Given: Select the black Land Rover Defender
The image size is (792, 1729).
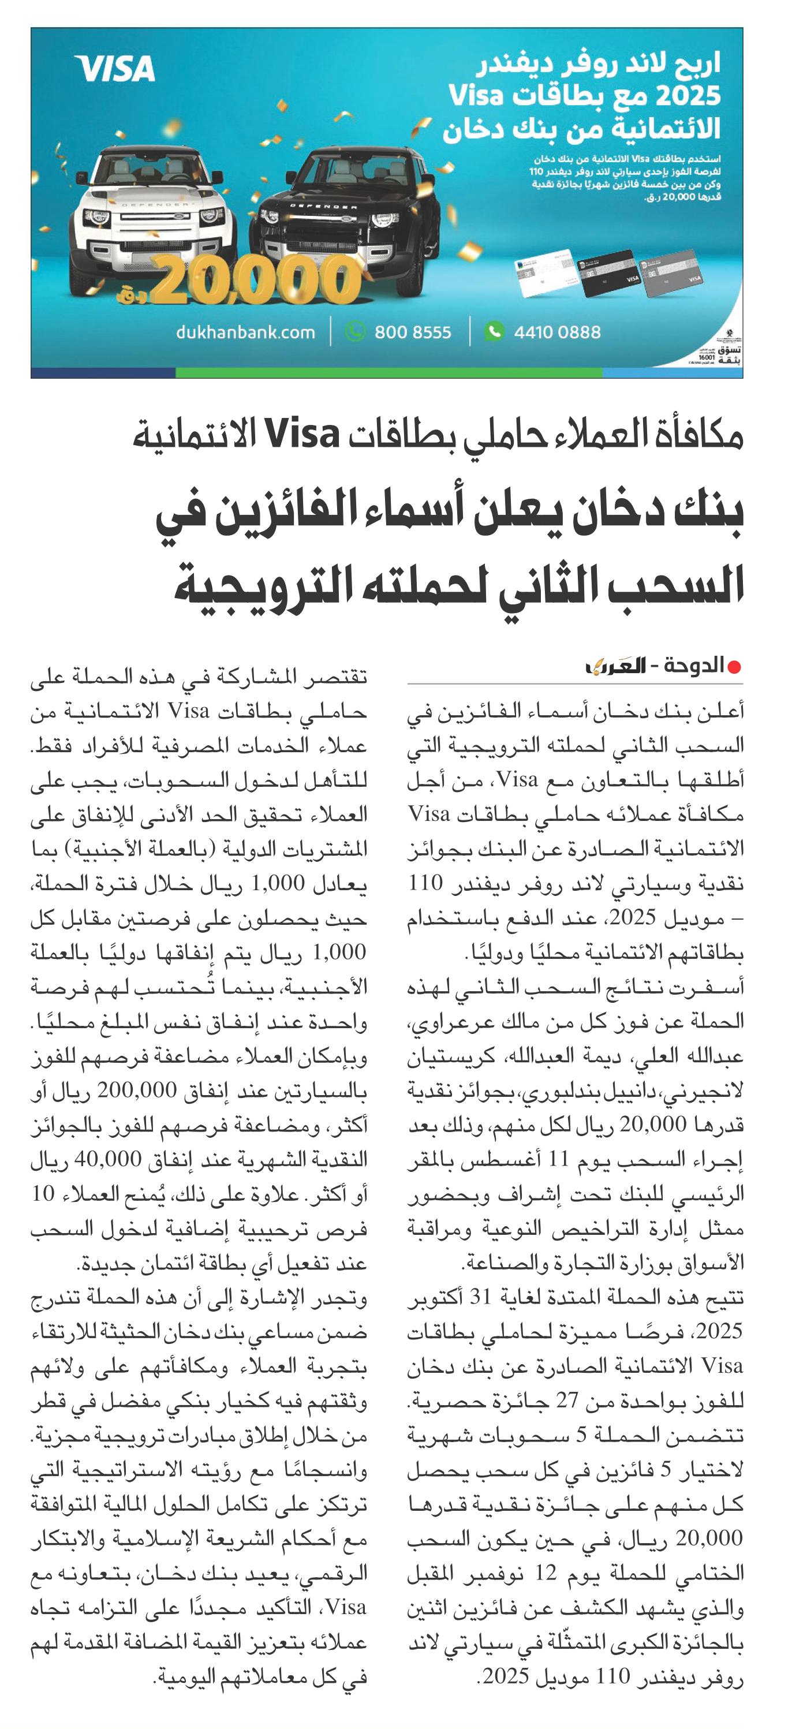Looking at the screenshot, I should (342, 215).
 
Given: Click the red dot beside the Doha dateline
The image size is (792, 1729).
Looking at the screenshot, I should (734, 667).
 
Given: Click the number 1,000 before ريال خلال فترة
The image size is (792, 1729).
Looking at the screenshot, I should (277, 884).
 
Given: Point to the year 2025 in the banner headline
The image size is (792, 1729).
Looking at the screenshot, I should (688, 96).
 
